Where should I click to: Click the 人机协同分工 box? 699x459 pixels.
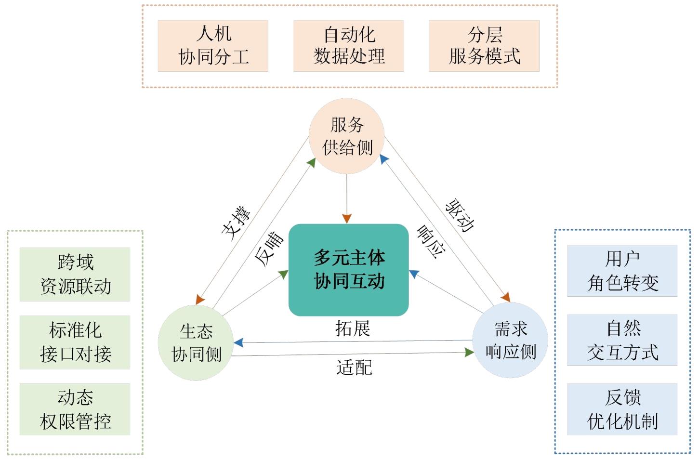tap(213, 46)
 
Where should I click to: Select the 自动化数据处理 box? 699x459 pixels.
tap(348, 46)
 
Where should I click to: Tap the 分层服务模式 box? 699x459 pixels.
tap(484, 46)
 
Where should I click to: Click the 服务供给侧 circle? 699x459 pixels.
tap(346, 136)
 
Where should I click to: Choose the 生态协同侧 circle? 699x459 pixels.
tap(196, 342)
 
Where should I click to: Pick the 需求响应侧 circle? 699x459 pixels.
tap(510, 340)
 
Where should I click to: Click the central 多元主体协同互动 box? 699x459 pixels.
tap(349, 270)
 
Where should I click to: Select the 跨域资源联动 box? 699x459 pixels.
tap(75, 274)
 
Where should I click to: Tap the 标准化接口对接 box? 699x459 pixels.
tap(75, 342)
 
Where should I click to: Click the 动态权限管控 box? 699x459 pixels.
tap(75, 409)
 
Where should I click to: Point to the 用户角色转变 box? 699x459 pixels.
tap(622, 271)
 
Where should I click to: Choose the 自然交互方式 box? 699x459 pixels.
tap(622, 340)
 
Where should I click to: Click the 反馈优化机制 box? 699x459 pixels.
tap(622, 409)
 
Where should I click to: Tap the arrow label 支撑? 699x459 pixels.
tap(236, 223)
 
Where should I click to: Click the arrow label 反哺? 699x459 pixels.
tap(269, 249)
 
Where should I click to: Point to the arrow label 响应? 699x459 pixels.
tap(430, 242)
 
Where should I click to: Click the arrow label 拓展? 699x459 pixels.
tap(353, 328)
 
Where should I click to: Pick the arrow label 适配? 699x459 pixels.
tap(354, 367)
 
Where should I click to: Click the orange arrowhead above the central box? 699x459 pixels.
tap(347, 219)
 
